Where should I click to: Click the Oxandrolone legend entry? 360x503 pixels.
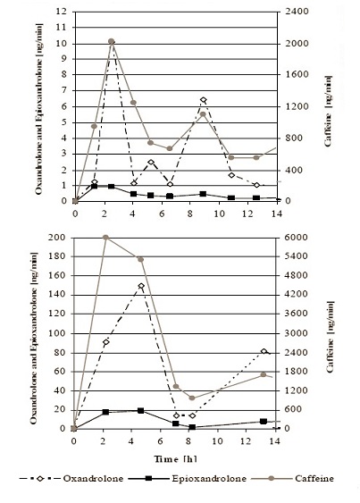[x=71, y=479]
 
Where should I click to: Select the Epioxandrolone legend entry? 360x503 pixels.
[x=188, y=479]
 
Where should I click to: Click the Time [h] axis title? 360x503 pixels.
[x=175, y=459]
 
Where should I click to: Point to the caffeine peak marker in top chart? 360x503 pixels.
[x=111, y=41]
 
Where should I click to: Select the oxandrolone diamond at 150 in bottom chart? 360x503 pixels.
[x=141, y=286]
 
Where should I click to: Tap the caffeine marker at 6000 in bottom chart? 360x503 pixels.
[x=105, y=238]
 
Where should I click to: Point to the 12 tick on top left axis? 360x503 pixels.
[x=61, y=12]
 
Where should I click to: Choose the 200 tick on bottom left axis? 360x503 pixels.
[x=56, y=238]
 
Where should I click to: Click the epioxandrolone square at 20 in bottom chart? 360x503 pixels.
[x=141, y=411]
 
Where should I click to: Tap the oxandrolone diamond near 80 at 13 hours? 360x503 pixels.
[x=264, y=351]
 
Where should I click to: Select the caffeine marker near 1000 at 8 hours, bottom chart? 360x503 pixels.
[x=192, y=398]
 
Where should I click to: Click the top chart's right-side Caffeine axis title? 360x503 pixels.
[x=328, y=111]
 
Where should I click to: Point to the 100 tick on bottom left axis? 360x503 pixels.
[x=56, y=333]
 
